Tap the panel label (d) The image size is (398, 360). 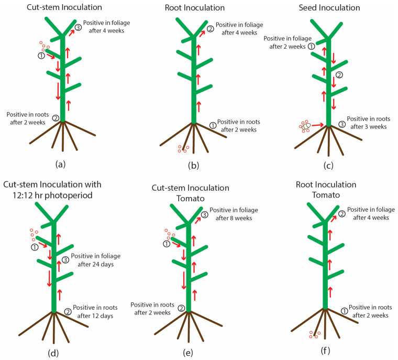[53, 353]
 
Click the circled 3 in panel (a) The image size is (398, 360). [78, 28]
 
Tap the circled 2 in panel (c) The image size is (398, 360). [339, 75]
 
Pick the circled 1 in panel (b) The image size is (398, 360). [213, 126]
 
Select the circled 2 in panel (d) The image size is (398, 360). [68, 311]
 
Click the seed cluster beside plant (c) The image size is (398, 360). [305, 126]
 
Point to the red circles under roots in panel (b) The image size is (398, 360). [183, 149]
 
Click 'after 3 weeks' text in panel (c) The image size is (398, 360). [367, 127]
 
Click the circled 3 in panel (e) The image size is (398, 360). [205, 214]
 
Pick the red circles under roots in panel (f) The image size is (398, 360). [314, 335]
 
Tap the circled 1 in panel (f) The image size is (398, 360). [344, 311]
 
